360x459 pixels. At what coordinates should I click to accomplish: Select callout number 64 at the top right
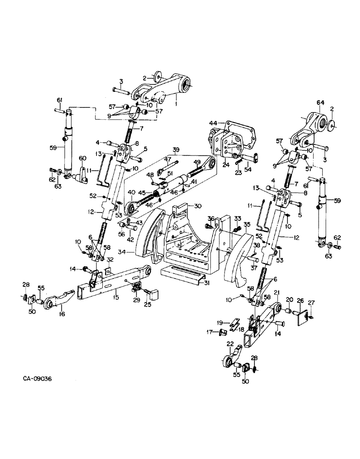[x=320, y=103]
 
